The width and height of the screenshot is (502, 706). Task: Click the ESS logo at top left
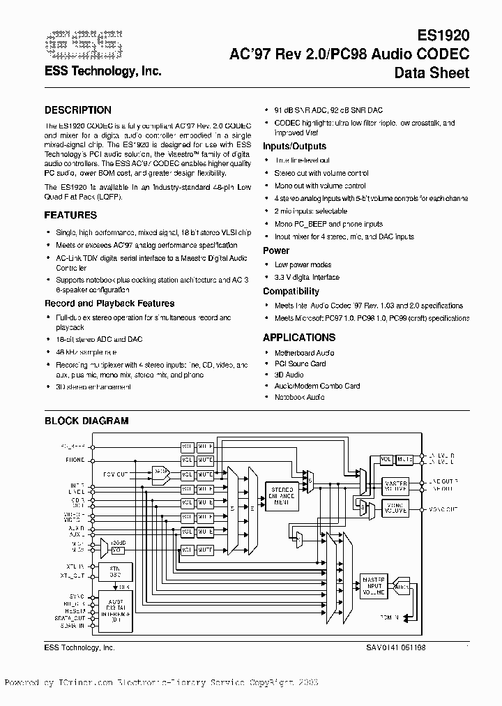click(83, 45)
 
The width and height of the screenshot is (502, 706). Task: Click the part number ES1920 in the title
click(443, 35)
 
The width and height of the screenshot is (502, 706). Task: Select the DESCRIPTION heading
click(77, 110)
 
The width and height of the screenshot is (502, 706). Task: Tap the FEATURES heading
click(70, 216)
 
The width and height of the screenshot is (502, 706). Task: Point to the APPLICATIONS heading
click(298, 338)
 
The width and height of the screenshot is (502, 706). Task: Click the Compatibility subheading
click(291, 292)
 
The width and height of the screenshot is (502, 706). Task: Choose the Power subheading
click(276, 250)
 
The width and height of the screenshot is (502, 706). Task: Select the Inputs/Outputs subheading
click(294, 147)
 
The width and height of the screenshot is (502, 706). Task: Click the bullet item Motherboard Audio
click(304, 353)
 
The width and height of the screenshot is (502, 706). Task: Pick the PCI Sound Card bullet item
click(300, 364)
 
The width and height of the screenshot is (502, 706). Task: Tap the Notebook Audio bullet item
click(299, 397)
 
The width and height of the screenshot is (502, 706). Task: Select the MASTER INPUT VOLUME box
click(373, 587)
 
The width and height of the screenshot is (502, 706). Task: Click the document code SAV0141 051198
click(394, 648)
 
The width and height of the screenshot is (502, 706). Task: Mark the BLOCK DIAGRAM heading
click(86, 421)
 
